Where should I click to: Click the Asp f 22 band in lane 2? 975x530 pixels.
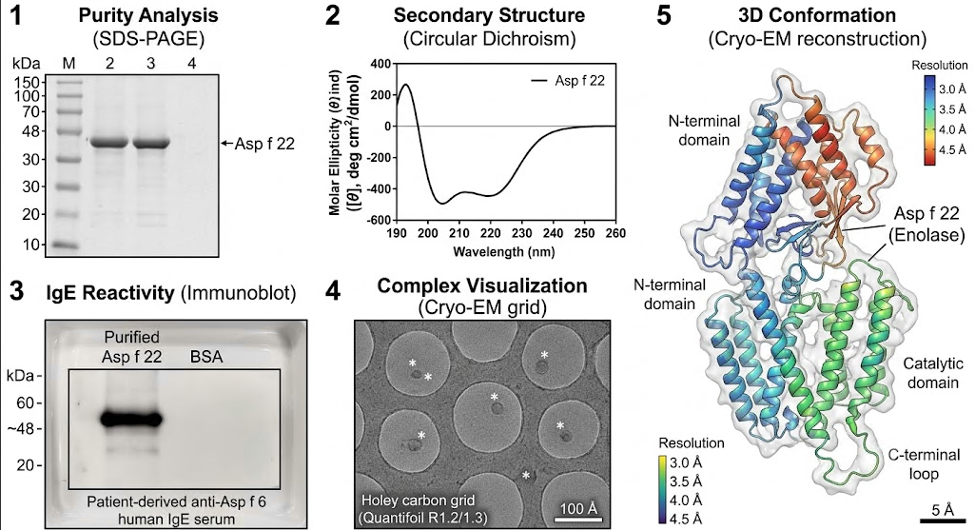point(109,143)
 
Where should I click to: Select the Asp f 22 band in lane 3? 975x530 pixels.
point(151,143)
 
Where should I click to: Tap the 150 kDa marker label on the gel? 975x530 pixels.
point(29,82)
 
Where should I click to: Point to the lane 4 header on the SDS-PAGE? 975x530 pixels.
point(192,63)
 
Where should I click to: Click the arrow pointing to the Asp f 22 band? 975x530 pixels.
point(227,144)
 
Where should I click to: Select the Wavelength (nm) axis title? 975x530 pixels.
point(503,252)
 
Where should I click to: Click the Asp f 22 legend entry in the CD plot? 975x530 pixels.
point(567,81)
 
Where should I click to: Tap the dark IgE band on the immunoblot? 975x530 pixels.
point(131,420)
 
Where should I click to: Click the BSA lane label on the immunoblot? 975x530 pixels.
point(205,357)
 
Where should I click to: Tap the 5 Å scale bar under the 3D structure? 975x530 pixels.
point(943,520)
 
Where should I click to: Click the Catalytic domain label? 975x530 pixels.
point(933,373)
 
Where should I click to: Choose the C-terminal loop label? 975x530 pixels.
point(924,464)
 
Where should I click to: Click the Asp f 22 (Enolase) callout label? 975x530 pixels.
point(926,224)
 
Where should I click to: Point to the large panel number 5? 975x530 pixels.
point(664,15)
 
